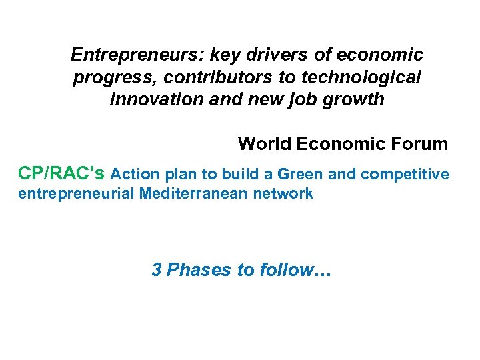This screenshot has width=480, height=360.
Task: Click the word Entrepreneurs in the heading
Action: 124,54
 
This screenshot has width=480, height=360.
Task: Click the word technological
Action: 361,78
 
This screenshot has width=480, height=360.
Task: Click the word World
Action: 265,144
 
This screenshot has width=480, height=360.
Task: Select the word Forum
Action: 421,144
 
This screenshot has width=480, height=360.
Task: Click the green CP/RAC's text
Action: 61,174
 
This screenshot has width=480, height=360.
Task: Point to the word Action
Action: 134,175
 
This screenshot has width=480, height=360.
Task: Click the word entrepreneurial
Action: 76,194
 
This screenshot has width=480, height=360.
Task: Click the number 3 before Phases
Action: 157,270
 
